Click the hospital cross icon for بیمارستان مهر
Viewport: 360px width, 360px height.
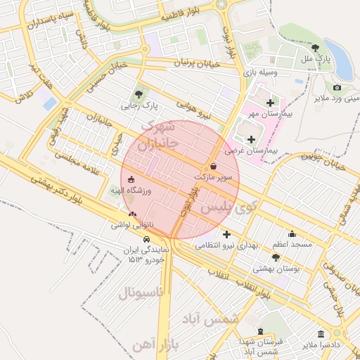coord(269,103)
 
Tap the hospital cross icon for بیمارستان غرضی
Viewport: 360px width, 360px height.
coord(251,139)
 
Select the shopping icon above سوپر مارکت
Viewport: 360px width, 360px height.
coord(213,166)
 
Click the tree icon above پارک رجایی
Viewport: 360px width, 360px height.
coord(139,94)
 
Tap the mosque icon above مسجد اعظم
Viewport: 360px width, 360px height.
coord(292,234)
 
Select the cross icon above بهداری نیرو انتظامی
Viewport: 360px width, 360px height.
coord(226,234)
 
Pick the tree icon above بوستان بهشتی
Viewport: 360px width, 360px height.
coord(276,258)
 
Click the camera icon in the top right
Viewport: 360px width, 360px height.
coord(337,87)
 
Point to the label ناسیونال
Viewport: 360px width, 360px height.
coord(141,292)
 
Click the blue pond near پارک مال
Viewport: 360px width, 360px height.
coord(342,60)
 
